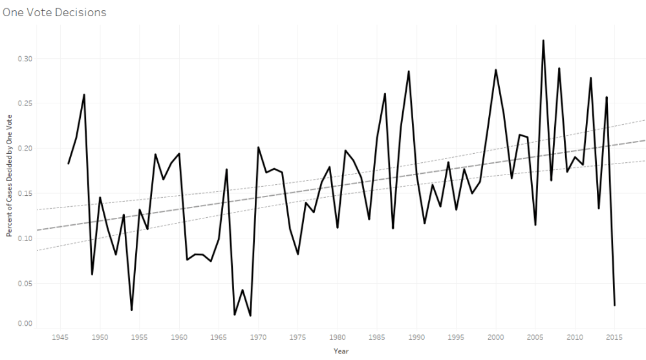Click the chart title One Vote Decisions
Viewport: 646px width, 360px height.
54,12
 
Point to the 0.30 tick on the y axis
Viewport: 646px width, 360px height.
23,59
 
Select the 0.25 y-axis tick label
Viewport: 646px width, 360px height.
23,103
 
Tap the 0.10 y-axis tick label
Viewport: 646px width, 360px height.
23,238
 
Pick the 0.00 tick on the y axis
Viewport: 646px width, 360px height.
23,323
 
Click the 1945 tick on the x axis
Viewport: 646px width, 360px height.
61,337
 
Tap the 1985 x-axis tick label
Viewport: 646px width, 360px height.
377,337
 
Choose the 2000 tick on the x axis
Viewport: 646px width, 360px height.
496,337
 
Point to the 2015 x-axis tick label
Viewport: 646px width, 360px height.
614,337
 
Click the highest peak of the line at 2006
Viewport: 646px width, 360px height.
543,41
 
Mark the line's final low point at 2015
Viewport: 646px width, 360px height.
614,305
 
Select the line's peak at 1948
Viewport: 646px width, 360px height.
84,95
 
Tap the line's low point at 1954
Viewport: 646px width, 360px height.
132,310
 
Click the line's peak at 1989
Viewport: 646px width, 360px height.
409,72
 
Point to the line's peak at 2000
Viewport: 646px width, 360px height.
496,70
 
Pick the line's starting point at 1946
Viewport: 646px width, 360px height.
69,164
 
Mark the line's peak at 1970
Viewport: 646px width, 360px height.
259,147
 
